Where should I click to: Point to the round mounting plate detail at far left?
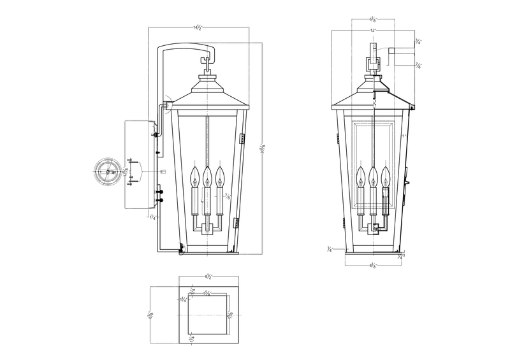107,172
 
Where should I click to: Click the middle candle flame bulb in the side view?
207,174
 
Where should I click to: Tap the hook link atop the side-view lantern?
207,62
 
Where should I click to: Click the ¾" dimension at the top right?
418,41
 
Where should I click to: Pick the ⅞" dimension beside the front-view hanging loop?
418,65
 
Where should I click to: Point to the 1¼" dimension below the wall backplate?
152,217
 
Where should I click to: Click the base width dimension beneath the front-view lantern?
374,264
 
